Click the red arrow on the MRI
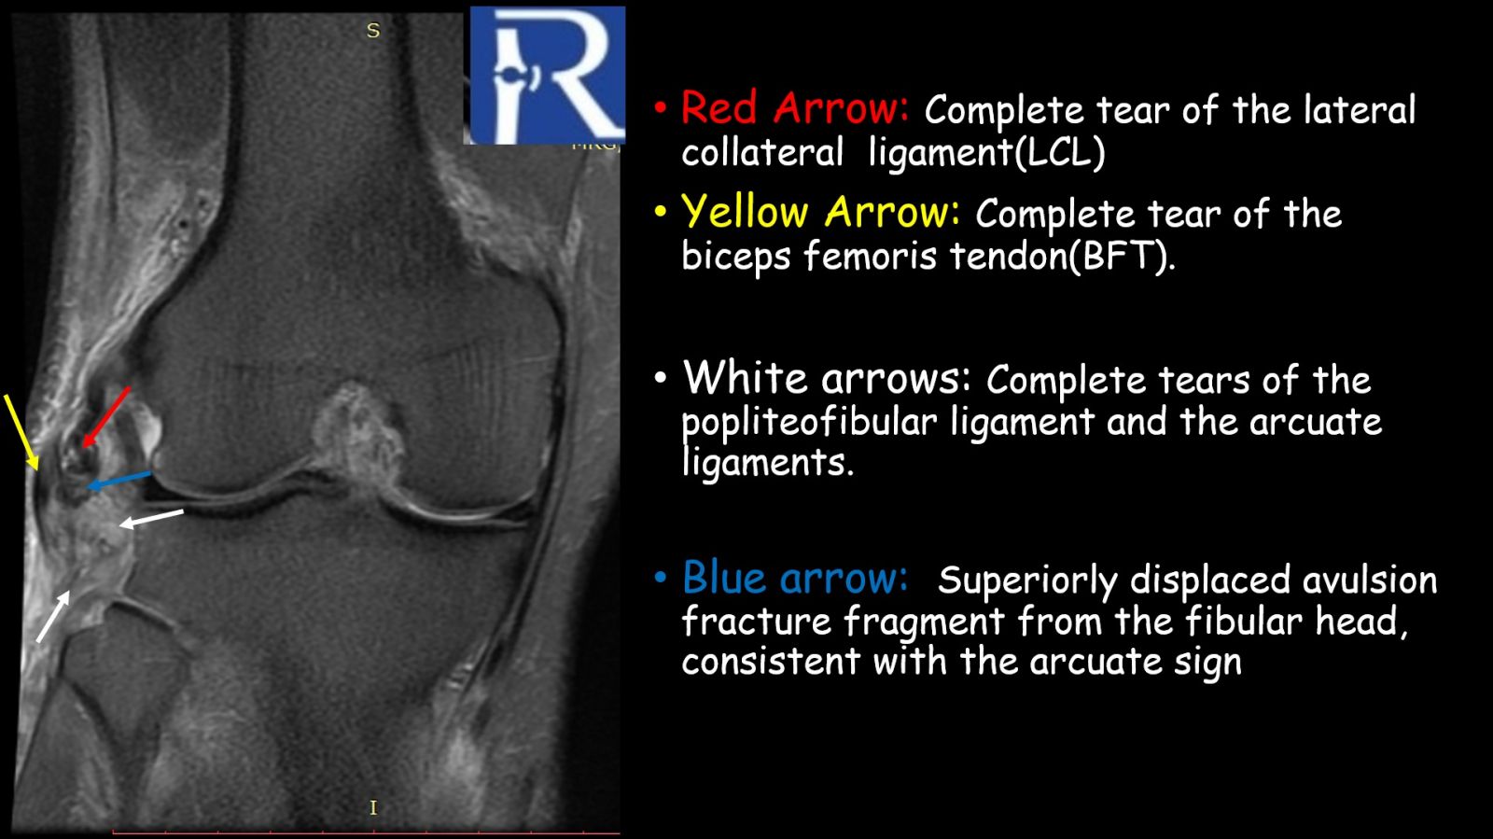(x=105, y=417)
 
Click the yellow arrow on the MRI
(x=21, y=432)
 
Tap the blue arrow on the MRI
(x=119, y=481)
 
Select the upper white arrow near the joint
(x=151, y=519)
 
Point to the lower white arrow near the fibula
(x=53, y=617)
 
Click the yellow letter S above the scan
(x=373, y=31)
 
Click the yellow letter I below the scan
(x=373, y=807)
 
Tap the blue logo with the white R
(x=547, y=75)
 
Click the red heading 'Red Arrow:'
(x=794, y=107)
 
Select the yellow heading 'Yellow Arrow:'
(x=820, y=212)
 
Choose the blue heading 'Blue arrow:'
(x=794, y=577)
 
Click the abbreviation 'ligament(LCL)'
(x=986, y=153)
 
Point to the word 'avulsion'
(x=1370, y=580)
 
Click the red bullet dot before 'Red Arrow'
(x=661, y=107)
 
